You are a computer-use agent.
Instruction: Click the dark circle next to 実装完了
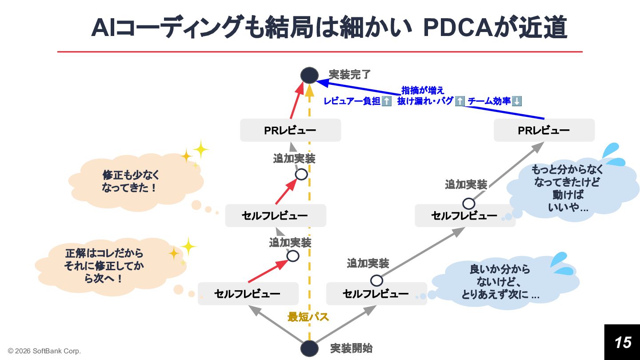[x=309, y=75]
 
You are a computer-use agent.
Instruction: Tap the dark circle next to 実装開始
[x=309, y=348]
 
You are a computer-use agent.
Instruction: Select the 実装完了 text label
[x=349, y=74]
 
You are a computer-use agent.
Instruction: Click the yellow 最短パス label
[x=308, y=317]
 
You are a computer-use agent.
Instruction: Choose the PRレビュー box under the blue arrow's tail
[x=544, y=130]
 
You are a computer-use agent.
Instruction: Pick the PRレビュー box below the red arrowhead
[x=290, y=130]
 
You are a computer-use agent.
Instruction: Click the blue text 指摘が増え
[x=423, y=91]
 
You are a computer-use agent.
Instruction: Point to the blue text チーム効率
[x=489, y=101]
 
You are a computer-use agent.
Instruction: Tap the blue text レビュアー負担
[x=352, y=101]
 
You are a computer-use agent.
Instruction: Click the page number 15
[x=622, y=342]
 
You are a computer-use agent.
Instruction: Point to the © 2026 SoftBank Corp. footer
[x=44, y=351]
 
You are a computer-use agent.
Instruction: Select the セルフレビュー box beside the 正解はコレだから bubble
[x=248, y=294]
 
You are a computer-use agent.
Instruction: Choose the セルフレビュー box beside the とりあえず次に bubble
[x=376, y=294]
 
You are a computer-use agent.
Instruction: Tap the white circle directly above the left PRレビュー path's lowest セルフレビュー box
[x=292, y=256]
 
